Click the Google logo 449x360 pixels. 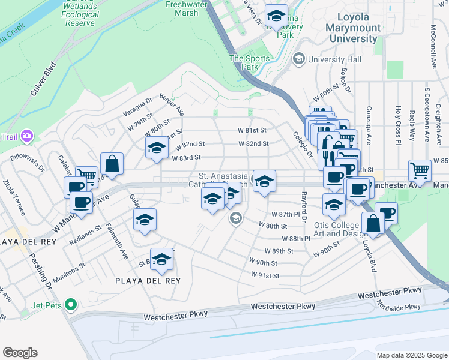[20, 353]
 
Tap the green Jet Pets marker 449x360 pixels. [70, 305]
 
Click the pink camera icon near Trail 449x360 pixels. [26, 137]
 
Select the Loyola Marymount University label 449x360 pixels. [353, 28]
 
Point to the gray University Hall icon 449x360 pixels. [298, 59]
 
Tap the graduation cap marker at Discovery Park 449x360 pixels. [276, 17]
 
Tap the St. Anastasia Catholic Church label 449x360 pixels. [223, 181]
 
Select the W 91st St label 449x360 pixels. [265, 275]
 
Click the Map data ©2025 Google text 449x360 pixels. [411, 355]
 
